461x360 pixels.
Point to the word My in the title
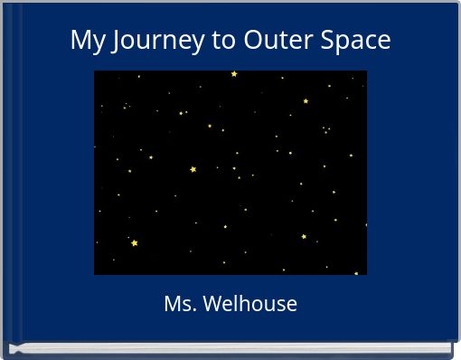(x=86, y=41)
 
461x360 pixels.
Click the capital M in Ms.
(x=172, y=304)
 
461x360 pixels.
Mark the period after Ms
(x=193, y=310)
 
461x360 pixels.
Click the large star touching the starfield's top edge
(x=234, y=73)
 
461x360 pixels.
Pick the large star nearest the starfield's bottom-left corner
(x=135, y=243)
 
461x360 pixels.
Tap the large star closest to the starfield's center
(x=193, y=169)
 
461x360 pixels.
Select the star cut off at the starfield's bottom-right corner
(x=356, y=272)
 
